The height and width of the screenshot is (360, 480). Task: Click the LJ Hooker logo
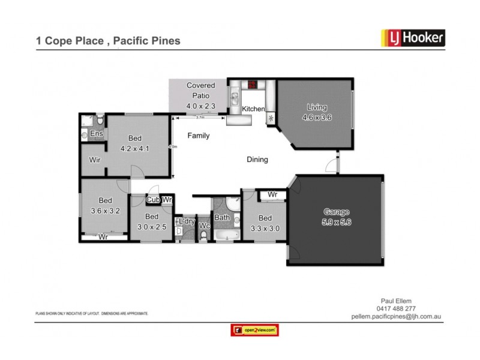click(413, 38)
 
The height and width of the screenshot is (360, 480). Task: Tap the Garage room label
click(336, 216)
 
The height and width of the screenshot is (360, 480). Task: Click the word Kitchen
click(253, 109)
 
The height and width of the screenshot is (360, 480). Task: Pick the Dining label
click(257, 160)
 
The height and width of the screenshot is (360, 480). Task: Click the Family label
click(199, 136)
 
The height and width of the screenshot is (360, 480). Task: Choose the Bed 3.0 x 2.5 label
click(152, 221)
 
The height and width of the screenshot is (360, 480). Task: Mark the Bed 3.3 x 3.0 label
click(265, 223)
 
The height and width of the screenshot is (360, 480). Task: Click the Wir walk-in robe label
click(95, 160)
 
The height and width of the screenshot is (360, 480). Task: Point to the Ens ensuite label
click(96, 134)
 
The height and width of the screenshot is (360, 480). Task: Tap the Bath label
click(222, 218)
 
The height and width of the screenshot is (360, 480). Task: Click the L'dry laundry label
click(187, 222)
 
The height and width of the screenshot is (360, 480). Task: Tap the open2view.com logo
click(255, 329)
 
